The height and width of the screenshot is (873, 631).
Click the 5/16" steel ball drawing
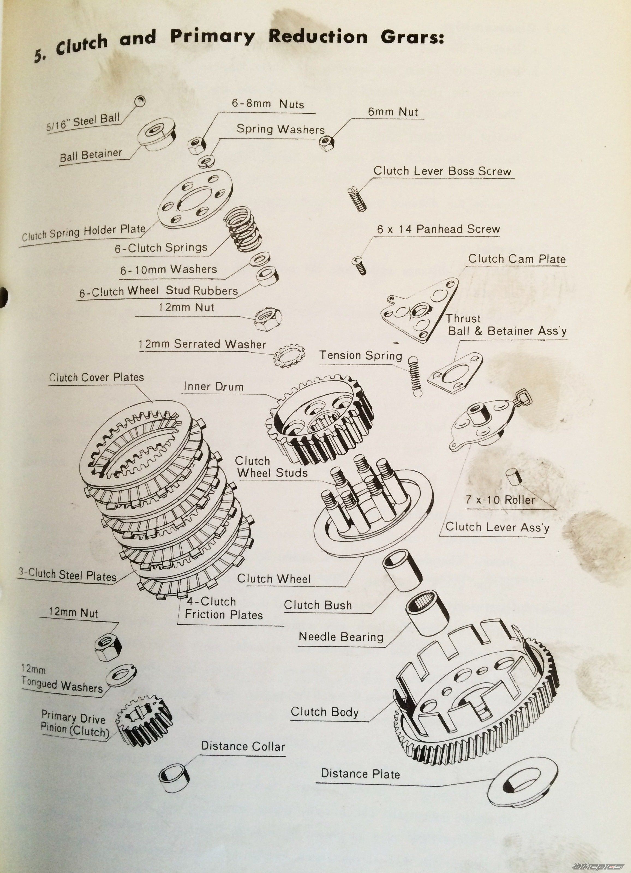[x=140, y=101]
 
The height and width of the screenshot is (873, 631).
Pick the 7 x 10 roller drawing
[x=513, y=476]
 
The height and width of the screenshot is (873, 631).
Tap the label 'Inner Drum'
[x=214, y=386]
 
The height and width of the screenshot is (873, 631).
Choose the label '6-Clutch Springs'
[x=161, y=248]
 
